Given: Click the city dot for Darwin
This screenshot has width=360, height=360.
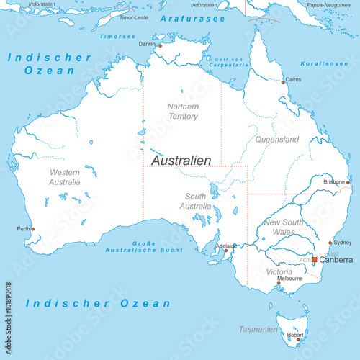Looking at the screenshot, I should pyautogui.click(x=160, y=45).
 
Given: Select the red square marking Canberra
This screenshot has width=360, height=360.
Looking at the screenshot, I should pyautogui.click(x=314, y=259).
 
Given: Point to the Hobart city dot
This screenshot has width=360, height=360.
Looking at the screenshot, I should pyautogui.click(x=289, y=339).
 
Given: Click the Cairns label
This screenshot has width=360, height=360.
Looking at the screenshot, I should pyautogui.click(x=293, y=80).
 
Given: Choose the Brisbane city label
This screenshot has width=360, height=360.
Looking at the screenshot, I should pyautogui.click(x=334, y=182).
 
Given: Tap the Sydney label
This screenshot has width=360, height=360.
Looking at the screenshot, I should pyautogui.click(x=343, y=243).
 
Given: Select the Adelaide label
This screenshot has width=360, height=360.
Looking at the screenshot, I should pyautogui.click(x=227, y=246).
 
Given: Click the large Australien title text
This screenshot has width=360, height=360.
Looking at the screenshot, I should pyautogui.click(x=181, y=160).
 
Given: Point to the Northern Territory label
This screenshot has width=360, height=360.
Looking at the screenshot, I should pyautogui.click(x=183, y=112).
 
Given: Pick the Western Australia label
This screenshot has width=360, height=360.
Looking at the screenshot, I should pyautogui.click(x=65, y=177).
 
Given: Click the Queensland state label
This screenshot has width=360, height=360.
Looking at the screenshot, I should pyautogui.click(x=276, y=138).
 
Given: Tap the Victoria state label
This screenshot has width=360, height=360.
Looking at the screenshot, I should pyautogui.click(x=279, y=273).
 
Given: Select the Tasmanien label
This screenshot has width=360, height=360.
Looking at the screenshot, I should pyautogui.click(x=258, y=329).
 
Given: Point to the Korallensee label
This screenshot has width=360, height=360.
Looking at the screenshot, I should pyautogui.click(x=325, y=63).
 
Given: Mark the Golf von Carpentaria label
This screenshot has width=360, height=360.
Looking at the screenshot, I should pyautogui.click(x=226, y=62).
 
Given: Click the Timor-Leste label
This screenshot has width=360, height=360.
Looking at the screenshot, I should pyautogui.click(x=133, y=16).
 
